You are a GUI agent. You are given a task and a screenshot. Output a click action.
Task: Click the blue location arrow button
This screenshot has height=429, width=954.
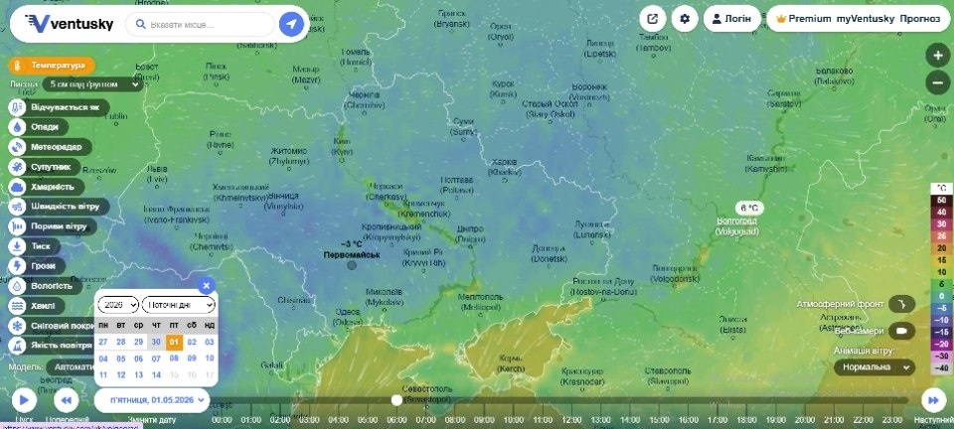click(291, 24)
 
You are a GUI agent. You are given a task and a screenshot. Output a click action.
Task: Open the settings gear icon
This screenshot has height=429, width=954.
click(684, 19)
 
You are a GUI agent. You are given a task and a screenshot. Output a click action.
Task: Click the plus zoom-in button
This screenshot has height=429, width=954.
click(936, 56)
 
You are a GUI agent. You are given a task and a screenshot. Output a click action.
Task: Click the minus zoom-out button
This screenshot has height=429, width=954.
click(936, 82)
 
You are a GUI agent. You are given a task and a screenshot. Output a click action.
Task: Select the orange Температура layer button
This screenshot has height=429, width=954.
click(52, 66)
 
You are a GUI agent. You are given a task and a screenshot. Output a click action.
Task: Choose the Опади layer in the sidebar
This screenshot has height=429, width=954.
click(40, 127)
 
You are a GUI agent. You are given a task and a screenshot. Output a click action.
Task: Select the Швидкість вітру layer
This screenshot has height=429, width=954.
click(55, 207)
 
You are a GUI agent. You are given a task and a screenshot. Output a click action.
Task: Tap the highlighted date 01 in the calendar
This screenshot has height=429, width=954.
click(173, 342)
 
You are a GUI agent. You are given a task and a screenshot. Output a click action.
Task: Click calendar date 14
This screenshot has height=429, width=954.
click(156, 374)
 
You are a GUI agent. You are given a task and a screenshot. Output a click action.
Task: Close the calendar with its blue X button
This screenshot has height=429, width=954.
click(206, 286)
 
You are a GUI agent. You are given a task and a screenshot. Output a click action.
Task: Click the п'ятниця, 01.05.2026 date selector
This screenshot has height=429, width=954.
click(153, 399)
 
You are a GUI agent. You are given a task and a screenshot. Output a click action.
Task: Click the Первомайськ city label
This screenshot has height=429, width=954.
click(352, 255)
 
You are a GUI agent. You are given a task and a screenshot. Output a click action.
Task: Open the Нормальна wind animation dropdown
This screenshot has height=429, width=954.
click(874, 366)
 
